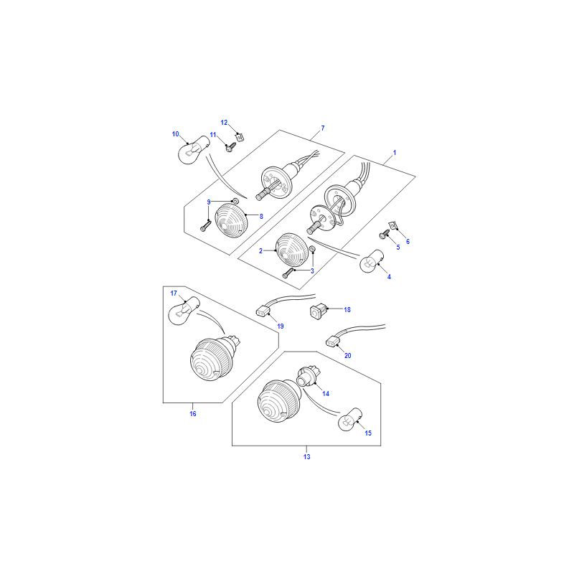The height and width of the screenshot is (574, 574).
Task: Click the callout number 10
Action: pos(175,134)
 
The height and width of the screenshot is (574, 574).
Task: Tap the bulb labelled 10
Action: pos(194,150)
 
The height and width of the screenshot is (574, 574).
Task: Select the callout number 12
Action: pos(224,123)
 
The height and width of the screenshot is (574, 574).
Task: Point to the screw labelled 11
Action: pos(230,147)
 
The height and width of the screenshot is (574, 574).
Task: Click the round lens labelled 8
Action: pos(231,220)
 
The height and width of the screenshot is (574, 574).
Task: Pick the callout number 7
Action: pos(322,128)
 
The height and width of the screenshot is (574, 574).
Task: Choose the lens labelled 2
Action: pos(292,249)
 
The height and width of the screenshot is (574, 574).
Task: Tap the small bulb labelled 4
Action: pos(372,261)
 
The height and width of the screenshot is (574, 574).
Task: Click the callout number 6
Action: pos(408,242)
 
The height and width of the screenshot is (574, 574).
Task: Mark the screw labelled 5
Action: pos(385,235)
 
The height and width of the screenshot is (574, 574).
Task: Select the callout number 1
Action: pos(394,153)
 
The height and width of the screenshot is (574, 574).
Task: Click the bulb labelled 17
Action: pos(184,311)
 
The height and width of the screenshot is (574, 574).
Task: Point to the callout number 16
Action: pos(193,414)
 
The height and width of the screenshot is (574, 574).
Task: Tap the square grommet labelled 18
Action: pos(317,311)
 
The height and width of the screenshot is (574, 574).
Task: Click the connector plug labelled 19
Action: pos(263,311)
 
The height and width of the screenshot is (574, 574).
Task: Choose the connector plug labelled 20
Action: pos(333,342)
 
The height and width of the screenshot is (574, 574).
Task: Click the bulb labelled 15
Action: pos(350,420)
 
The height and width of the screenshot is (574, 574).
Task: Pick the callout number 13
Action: pos(307,456)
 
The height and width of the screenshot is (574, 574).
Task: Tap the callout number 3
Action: pos(312,271)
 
